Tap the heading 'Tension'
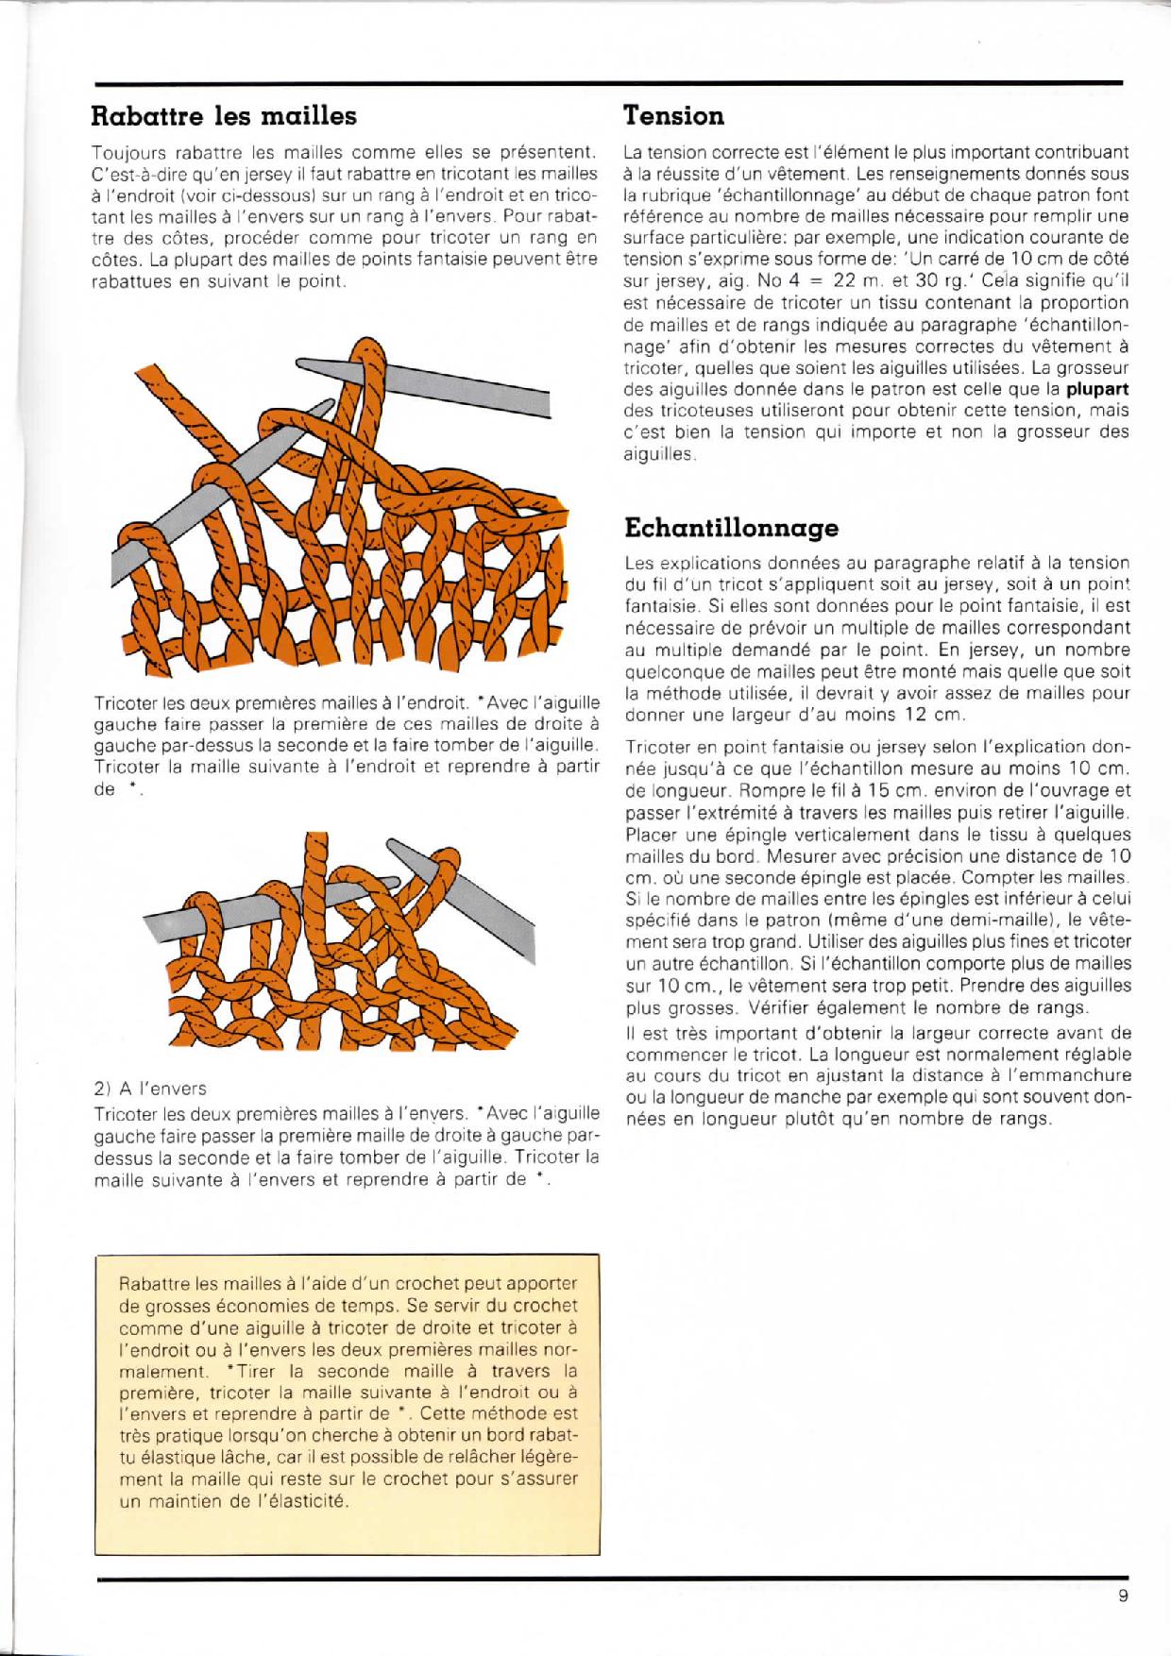(674, 116)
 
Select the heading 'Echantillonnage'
(732, 526)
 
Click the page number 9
(1122, 1597)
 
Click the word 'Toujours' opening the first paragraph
(126, 152)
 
